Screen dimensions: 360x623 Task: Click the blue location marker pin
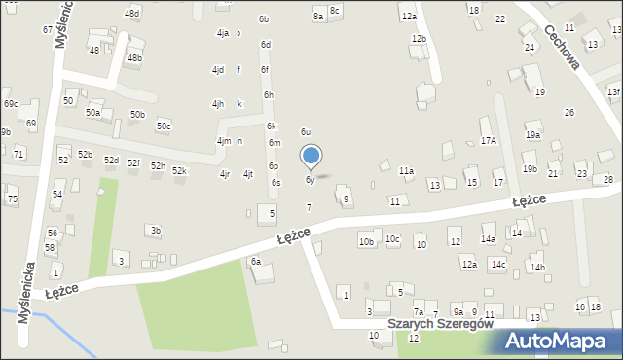[311, 156]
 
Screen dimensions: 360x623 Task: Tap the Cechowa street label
[564, 48]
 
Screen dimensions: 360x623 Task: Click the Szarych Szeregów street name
[439, 324]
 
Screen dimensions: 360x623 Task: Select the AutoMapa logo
[563, 342]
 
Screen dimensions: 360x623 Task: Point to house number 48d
[132, 13]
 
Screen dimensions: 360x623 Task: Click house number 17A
[488, 140]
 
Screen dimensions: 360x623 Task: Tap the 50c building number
[164, 126]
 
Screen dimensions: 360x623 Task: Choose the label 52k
[179, 171]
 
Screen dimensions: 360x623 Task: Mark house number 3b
[155, 230]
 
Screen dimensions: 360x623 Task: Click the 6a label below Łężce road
[256, 261]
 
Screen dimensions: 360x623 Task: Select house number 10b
[366, 241]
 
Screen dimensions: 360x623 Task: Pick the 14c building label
[498, 264]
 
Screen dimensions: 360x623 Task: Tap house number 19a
[532, 135]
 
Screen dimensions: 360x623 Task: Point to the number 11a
[406, 171]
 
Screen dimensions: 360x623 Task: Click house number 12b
[419, 38]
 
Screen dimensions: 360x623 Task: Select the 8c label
[335, 10]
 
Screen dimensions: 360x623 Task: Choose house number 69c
[10, 104]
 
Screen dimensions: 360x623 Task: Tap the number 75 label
[13, 198]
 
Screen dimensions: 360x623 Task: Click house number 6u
[306, 131]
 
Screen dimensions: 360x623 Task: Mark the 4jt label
[248, 174]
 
